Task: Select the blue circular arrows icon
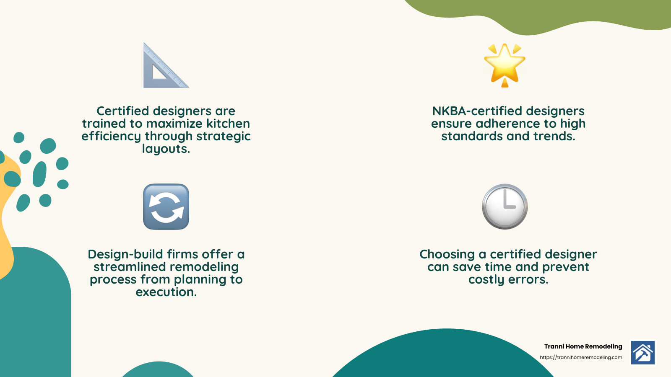click(x=166, y=207)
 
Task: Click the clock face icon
click(x=505, y=207)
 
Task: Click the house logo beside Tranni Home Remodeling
click(x=643, y=353)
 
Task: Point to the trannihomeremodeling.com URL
click(x=581, y=357)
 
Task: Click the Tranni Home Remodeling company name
click(x=583, y=346)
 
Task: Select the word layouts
click(x=166, y=149)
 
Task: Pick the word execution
click(x=166, y=292)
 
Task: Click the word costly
click(x=486, y=279)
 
